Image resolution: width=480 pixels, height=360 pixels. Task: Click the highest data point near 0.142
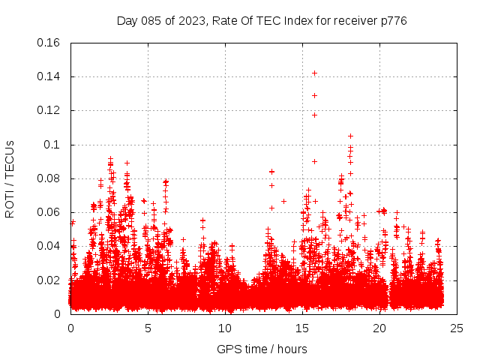[315, 73]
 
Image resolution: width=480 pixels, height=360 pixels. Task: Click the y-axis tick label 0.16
[49, 43]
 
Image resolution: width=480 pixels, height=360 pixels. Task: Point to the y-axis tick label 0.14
[49, 76]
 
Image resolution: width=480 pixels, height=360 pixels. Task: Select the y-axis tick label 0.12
[49, 110]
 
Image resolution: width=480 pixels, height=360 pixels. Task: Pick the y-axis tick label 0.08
[49, 178]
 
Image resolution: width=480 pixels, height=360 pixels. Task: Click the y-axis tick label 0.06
[49, 212]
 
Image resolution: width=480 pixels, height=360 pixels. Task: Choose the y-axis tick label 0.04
[49, 246]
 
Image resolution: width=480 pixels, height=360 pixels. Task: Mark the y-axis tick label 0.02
[49, 280]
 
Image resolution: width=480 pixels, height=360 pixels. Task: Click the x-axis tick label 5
[148, 328]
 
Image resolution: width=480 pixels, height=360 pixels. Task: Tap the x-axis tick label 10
[225, 328]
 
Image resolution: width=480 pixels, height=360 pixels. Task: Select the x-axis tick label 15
[302, 328]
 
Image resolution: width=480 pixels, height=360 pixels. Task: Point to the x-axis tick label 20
[379, 328]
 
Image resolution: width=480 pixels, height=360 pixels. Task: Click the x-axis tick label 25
[457, 328]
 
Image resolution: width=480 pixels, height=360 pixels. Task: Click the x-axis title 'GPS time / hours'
[263, 349]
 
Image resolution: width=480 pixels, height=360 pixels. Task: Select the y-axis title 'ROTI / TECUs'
[10, 178]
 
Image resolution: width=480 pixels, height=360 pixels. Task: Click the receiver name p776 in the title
[392, 20]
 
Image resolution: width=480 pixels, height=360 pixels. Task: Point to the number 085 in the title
[153, 20]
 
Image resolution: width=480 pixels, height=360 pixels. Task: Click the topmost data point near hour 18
[350, 136]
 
